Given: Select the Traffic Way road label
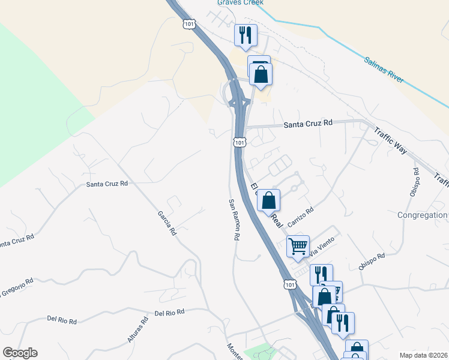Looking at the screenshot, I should tap(390, 140).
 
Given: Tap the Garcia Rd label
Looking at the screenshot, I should tap(166, 222).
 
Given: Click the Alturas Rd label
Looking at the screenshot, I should tap(137, 331).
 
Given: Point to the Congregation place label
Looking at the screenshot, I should tap(423, 215).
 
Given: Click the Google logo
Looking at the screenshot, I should tap(20, 353).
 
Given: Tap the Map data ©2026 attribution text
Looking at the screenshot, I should tap(423, 355).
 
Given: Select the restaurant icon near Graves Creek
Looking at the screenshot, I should tap(245, 35).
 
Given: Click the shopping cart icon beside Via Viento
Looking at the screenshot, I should tap(298, 245).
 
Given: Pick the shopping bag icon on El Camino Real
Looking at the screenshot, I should tap(269, 200).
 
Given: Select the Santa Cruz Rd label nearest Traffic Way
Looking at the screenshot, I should tap(308, 122).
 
